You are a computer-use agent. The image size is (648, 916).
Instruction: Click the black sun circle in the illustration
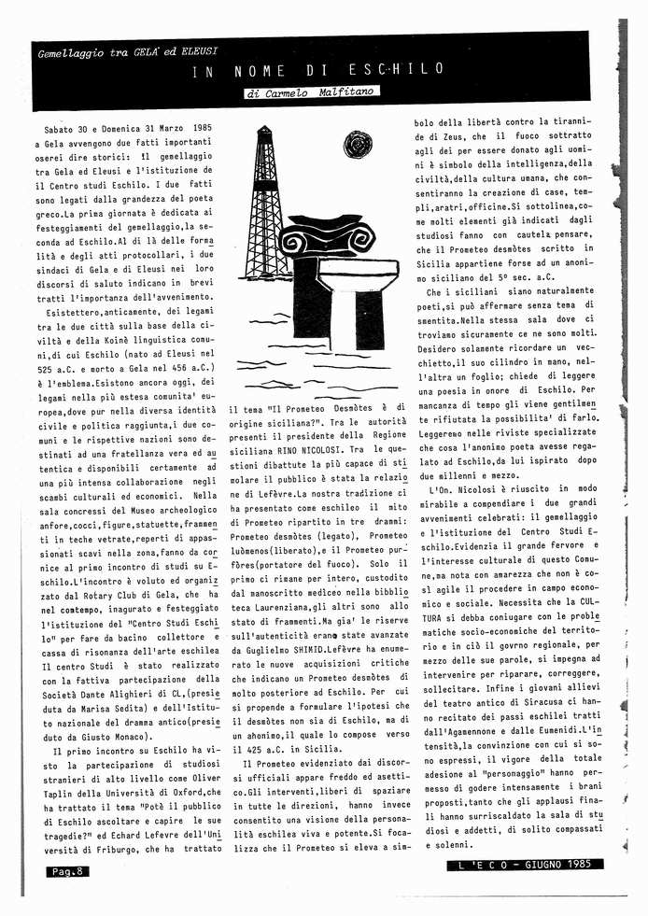click(355, 145)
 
